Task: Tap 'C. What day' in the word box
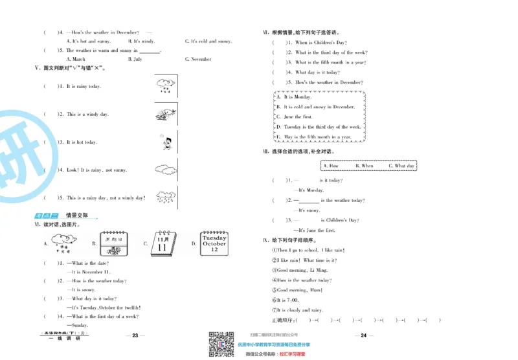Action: click(401, 166)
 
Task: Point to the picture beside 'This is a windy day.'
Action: click(166, 115)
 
